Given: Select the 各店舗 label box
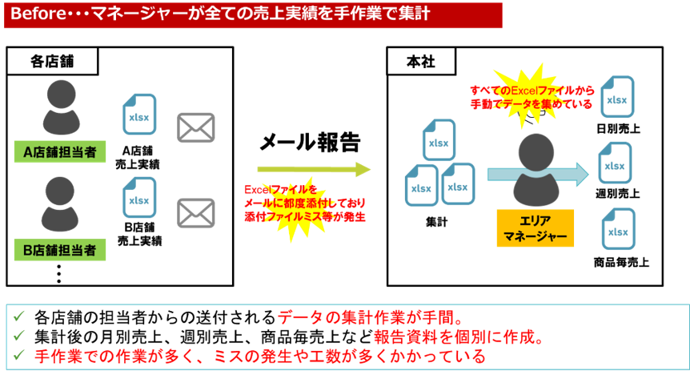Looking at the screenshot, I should coord(52,62).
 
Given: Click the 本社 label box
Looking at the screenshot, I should coord(421,62).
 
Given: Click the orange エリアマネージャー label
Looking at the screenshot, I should coord(536,228).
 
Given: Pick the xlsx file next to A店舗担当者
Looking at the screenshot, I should coord(139,115).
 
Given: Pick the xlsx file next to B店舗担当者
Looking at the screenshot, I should coord(139,198).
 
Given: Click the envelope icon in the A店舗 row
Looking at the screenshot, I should coord(196,127).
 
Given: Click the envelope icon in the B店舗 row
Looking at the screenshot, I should coord(196,212).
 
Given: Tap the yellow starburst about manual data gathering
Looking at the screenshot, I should coord(532,95).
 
